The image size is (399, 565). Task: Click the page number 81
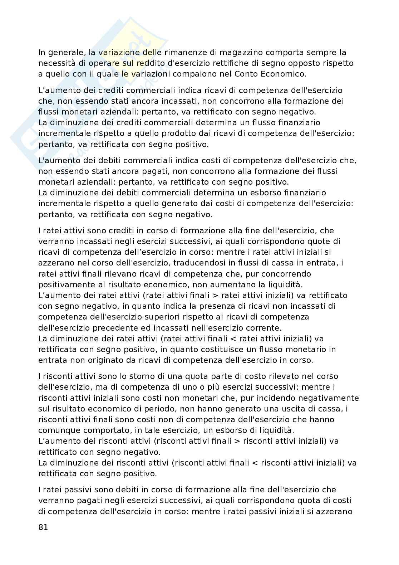click(43, 527)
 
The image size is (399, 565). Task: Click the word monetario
click(297, 349)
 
